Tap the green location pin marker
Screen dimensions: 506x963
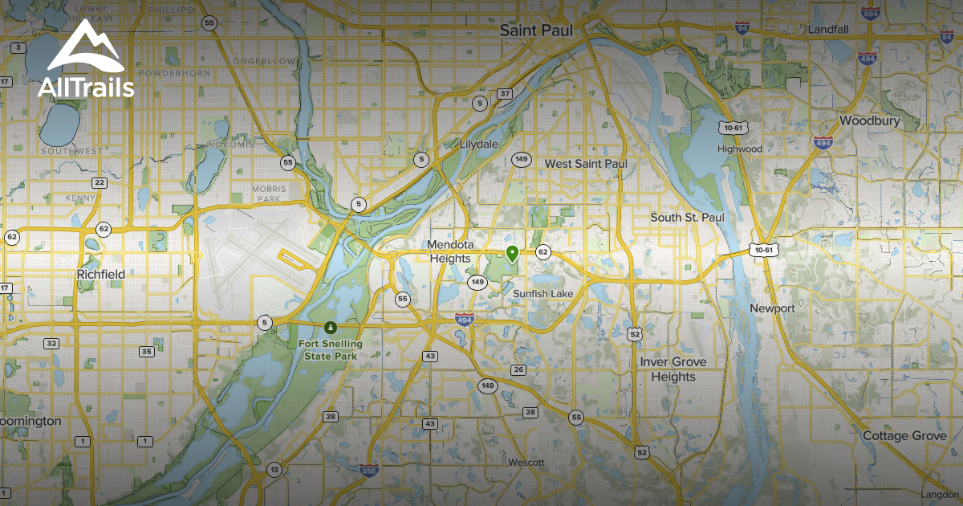pos(512,254)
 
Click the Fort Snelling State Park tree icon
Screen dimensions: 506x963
pos(330,328)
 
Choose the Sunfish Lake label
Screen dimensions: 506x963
pos(543,294)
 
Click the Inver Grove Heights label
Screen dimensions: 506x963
pos(673,369)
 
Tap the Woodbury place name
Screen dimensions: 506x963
pos(869,121)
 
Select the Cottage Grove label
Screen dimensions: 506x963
pos(904,435)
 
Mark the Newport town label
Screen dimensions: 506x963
pos(772,308)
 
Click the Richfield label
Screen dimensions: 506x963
pos(100,274)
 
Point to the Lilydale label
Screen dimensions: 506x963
pos(479,145)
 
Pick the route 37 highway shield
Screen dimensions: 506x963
pos(505,94)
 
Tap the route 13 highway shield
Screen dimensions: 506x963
pos(274,470)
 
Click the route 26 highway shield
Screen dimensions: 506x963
pos(518,369)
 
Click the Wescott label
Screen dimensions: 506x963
pos(526,463)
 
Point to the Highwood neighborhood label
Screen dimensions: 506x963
pos(739,149)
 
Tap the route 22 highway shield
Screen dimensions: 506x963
pos(99,183)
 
